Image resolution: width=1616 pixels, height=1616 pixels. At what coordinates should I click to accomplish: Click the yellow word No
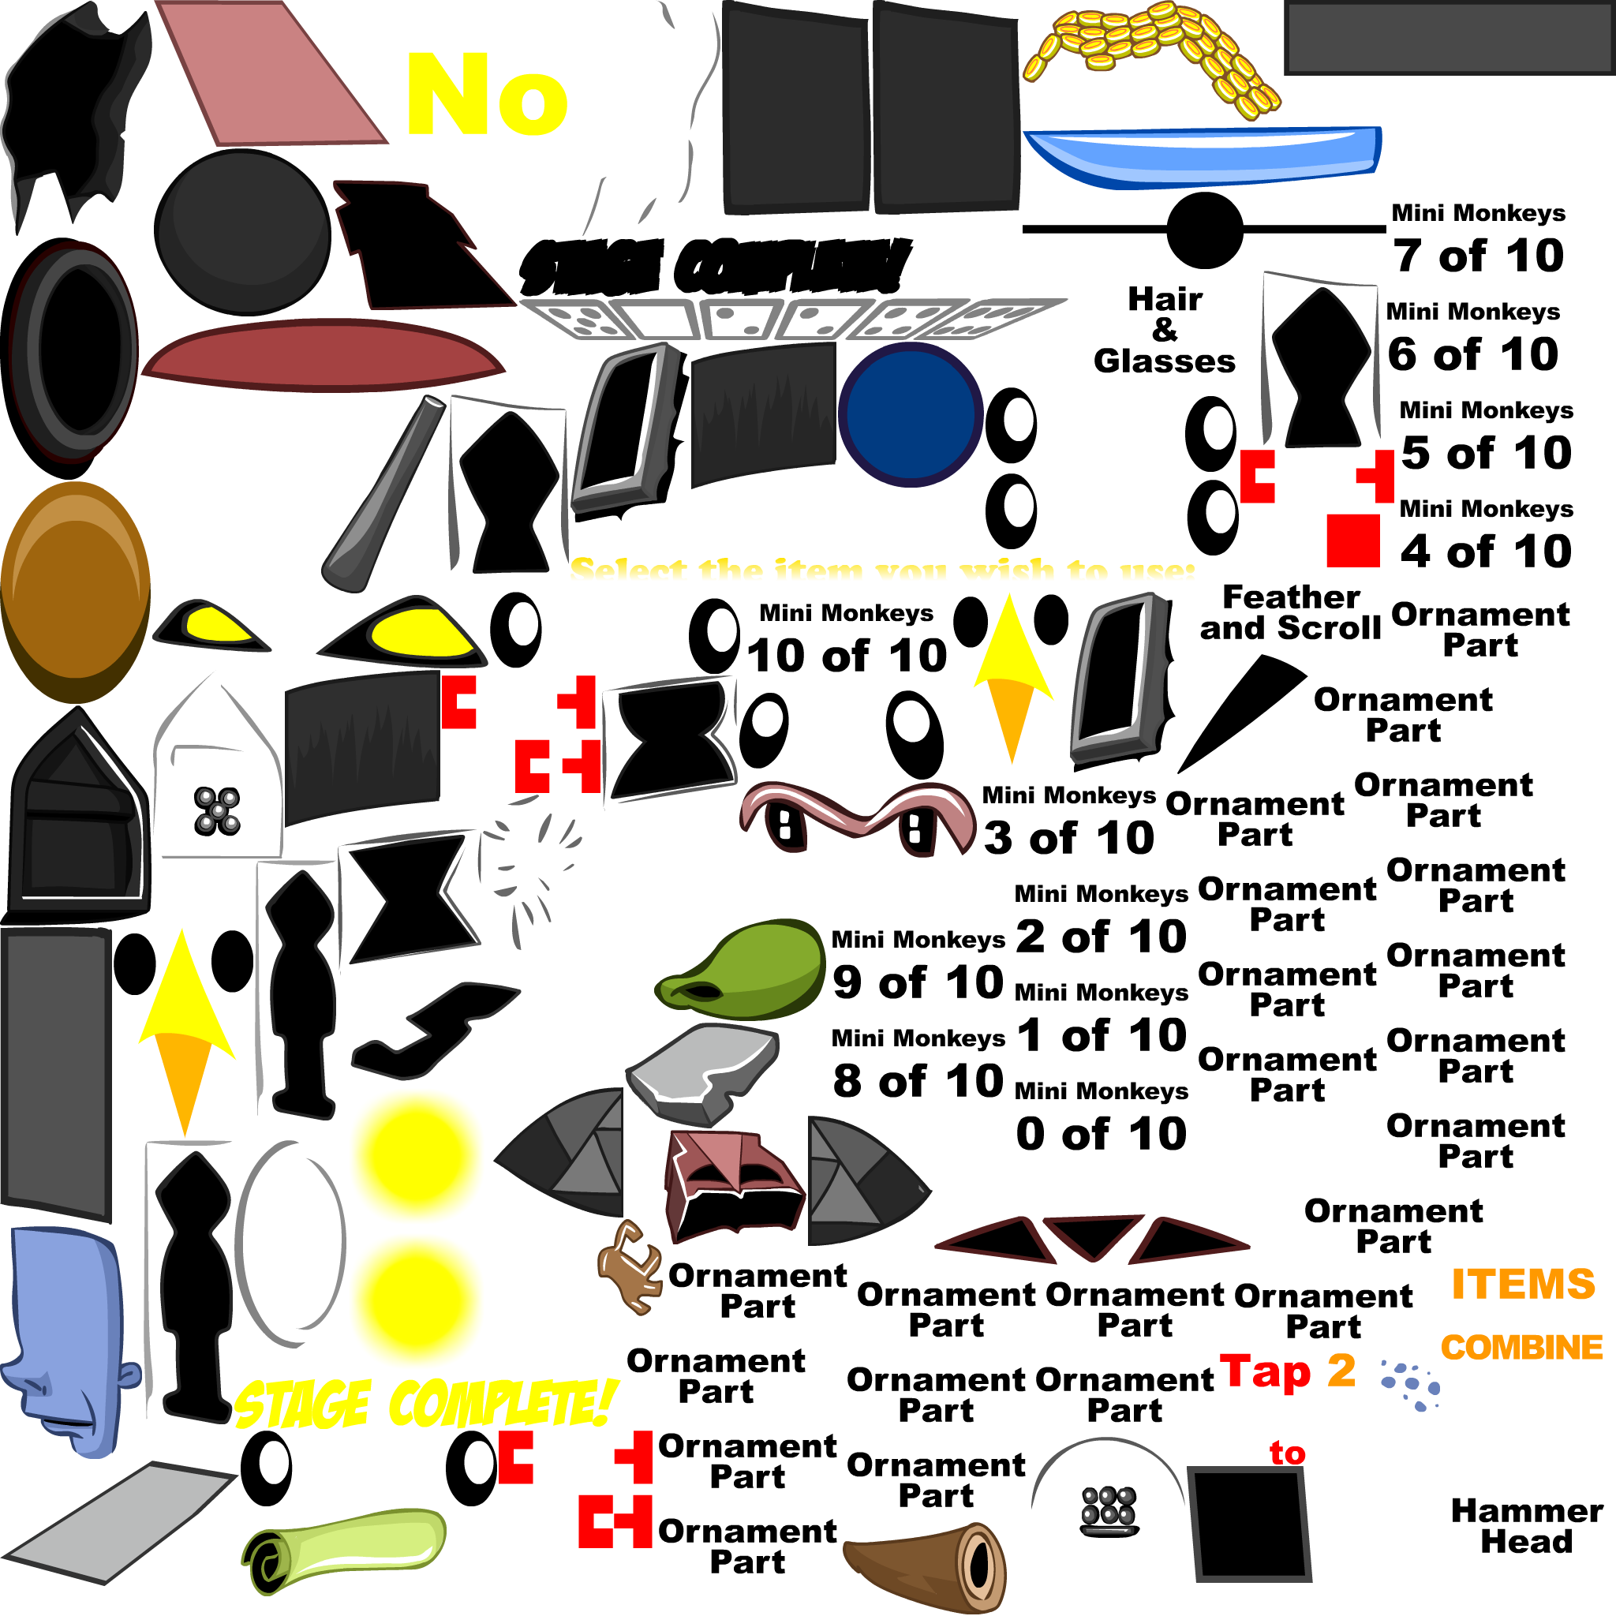[487, 94]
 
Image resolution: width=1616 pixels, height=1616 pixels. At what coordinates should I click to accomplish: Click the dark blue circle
[910, 414]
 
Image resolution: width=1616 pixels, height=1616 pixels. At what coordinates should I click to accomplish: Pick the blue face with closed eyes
[71, 1338]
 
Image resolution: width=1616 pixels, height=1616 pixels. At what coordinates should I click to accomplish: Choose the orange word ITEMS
[1523, 1284]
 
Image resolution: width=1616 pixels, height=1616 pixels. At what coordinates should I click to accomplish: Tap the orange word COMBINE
[1521, 1348]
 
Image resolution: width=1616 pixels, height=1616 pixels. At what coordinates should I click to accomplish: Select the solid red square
[1352, 541]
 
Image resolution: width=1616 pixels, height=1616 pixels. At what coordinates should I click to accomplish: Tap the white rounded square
[1499, 1418]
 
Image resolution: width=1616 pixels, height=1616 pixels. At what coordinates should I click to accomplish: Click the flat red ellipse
[322, 356]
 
